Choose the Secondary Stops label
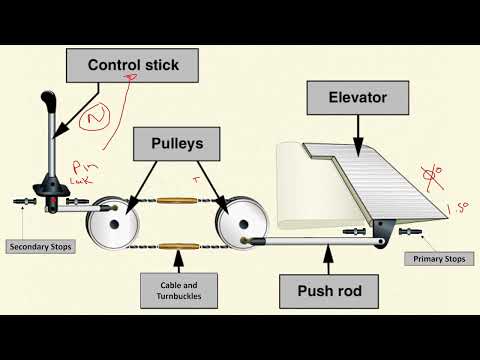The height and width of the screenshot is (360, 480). [x=41, y=245]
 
